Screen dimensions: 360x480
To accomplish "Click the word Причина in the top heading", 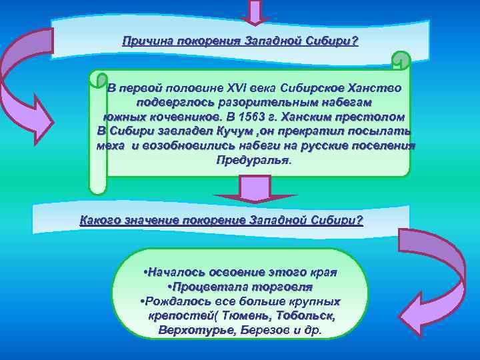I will (x=143, y=41).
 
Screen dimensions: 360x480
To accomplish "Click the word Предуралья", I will (x=253, y=161).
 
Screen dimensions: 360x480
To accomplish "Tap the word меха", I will (x=111, y=146).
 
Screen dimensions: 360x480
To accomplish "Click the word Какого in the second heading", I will (x=99, y=220).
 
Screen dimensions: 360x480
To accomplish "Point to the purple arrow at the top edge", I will (x=256, y=11).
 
